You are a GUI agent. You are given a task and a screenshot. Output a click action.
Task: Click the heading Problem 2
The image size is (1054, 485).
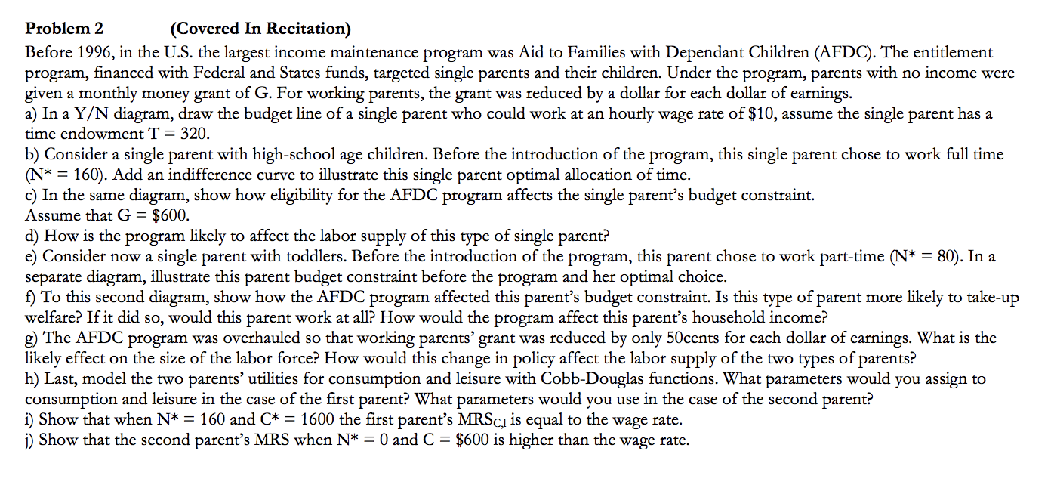tap(64, 29)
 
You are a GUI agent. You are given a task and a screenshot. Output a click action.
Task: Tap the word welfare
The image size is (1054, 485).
tap(51, 317)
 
